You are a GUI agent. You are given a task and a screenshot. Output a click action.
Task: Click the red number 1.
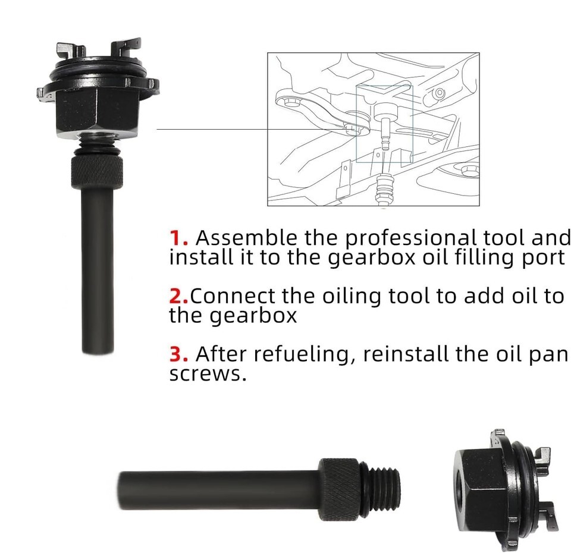click(x=178, y=238)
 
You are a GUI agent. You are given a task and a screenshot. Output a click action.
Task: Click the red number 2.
click(x=178, y=296)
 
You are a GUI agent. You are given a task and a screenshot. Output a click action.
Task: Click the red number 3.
click(x=178, y=354)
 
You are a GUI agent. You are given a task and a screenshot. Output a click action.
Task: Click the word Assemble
click(x=246, y=238)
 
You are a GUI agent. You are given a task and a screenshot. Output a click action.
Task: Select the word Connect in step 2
click(x=233, y=296)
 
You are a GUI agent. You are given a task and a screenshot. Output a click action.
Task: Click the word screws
click(x=208, y=374)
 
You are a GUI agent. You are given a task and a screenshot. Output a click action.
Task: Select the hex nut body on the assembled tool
click(x=97, y=111)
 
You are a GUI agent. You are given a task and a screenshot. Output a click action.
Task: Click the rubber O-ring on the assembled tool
click(x=98, y=70)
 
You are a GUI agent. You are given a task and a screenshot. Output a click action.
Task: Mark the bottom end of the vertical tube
click(x=98, y=353)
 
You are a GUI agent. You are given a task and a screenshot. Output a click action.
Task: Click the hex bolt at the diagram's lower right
click(x=470, y=171)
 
